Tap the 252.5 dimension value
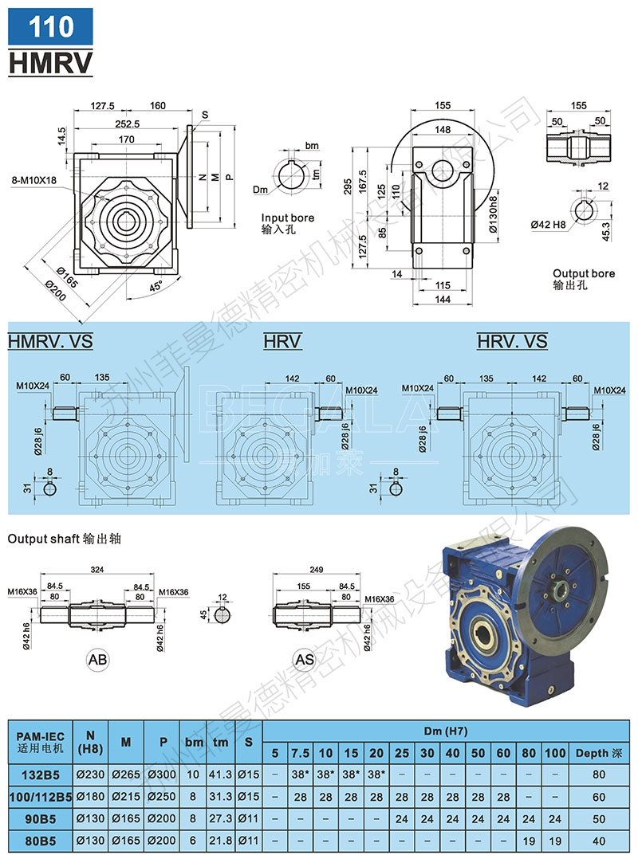pyautogui.click(x=128, y=124)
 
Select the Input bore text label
pyautogui.click(x=288, y=218)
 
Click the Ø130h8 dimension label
pyautogui.click(x=494, y=214)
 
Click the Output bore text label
pyautogui.click(x=584, y=273)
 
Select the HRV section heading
pyautogui.click(x=282, y=342)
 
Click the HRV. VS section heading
pyautogui.click(x=512, y=342)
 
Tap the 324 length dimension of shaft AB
pyautogui.click(x=96, y=570)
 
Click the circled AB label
pyautogui.click(x=97, y=659)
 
